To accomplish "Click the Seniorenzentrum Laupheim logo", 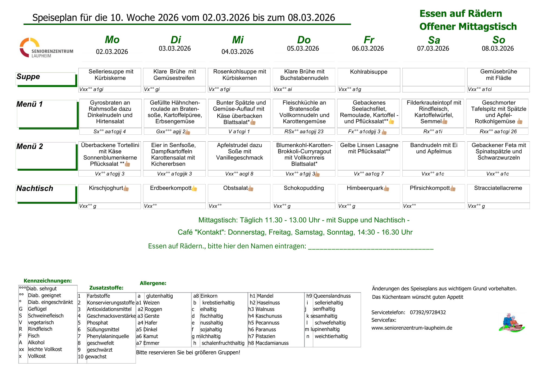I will click(x=46, y=48).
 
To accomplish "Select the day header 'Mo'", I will click(x=112, y=40).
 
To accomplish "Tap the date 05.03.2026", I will click(x=303, y=48).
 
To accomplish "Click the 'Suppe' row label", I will click(x=28, y=77).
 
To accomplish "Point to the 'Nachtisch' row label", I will click(x=35, y=189).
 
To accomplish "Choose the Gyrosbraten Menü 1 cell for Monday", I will click(x=110, y=112).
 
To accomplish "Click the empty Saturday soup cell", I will click(x=434, y=77).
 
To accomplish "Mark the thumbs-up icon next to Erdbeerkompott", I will click(x=194, y=189).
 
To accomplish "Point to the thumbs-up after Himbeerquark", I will click(x=386, y=189).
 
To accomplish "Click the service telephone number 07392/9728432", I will click(x=428, y=312).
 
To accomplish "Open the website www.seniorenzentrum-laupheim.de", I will click(x=412, y=328).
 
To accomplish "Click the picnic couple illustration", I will click(x=511, y=323).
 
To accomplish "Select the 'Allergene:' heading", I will click(x=153, y=283).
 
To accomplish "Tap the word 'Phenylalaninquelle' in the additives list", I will click(x=108, y=336).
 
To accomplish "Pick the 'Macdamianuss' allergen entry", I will click(x=272, y=343).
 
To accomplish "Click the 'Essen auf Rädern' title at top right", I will click(x=460, y=14).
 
